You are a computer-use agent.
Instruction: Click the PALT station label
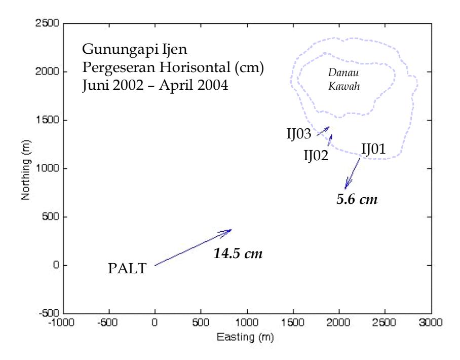127,268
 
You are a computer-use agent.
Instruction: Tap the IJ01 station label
373,149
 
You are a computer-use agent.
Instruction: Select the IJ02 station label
316,155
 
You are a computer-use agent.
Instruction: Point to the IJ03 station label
299,134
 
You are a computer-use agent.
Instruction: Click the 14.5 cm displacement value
238,254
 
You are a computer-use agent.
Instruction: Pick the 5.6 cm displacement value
357,199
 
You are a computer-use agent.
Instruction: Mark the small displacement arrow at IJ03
323,131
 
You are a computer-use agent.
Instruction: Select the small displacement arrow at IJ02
330,140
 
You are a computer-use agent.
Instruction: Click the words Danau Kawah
344,79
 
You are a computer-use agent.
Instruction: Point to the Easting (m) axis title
245,337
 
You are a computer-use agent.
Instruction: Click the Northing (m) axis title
26,170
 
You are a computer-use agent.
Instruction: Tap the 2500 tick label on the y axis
47,23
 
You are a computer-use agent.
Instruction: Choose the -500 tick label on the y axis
49,313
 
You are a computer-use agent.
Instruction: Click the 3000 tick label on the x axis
431,322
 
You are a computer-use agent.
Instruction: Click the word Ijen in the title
175,49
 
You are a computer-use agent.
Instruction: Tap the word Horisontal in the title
195,67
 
